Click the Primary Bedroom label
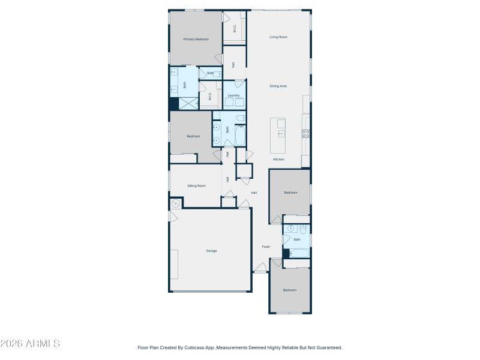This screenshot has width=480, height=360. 196,39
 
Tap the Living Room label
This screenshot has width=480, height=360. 278,37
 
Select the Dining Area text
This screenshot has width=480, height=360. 278,86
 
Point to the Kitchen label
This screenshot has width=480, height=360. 279,159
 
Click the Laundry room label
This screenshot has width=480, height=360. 234,95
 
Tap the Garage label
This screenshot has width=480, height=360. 211,251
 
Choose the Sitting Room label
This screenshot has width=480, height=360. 197,186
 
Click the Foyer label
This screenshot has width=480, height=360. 266,247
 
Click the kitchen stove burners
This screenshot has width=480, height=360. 307,133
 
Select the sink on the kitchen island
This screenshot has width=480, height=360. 281,133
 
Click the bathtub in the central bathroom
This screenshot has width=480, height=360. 240,136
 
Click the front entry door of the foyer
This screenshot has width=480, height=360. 260,271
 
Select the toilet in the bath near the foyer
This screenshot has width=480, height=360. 303,229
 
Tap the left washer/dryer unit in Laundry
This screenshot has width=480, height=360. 230,102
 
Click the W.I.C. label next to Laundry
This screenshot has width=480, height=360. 210,96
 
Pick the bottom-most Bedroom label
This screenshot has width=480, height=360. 290,290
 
